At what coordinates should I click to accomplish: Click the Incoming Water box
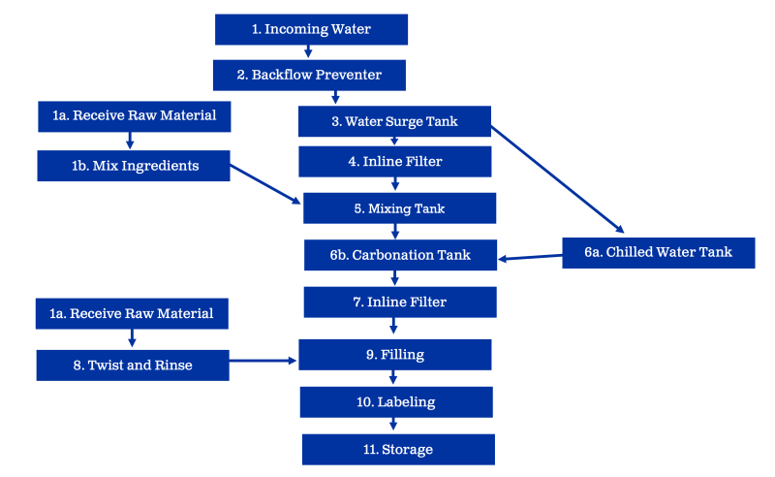[311, 29]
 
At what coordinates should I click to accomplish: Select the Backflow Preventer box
[309, 75]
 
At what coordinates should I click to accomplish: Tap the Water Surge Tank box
[394, 121]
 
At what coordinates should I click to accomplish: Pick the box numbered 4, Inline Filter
[395, 162]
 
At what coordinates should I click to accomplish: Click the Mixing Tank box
[399, 207]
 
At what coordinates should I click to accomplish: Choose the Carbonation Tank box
[399, 255]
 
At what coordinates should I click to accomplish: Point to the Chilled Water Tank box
[658, 252]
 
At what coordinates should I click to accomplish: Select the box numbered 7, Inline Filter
[399, 302]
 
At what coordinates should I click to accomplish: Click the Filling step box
[395, 355]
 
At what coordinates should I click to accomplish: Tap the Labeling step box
[396, 401]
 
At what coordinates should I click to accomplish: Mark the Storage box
[398, 449]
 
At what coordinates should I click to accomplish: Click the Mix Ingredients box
[134, 165]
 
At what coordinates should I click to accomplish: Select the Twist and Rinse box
[133, 365]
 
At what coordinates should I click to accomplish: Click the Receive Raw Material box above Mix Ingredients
[134, 116]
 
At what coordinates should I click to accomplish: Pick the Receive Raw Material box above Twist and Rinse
[132, 313]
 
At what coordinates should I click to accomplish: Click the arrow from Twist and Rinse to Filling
[263, 361]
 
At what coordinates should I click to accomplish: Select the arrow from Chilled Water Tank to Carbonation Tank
[531, 256]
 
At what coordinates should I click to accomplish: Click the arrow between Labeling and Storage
[393, 425]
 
